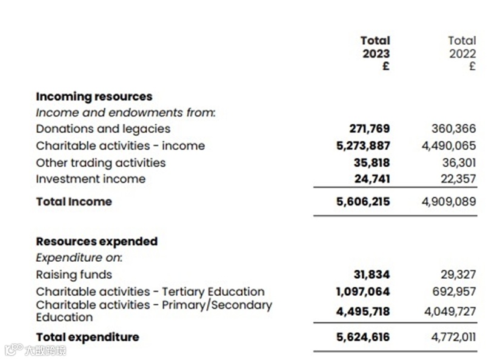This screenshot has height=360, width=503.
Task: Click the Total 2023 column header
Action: (x=375, y=53)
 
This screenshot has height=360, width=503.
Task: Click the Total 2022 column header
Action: (x=462, y=53)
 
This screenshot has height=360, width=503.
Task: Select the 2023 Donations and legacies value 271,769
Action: (x=370, y=128)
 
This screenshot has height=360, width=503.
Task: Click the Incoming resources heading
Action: (x=94, y=96)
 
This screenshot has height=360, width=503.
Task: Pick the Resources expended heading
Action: (x=96, y=241)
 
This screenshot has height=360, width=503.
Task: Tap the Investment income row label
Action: (x=90, y=179)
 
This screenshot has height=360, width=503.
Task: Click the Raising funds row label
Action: (x=74, y=275)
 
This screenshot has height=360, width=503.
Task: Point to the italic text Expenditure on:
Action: (x=79, y=258)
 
